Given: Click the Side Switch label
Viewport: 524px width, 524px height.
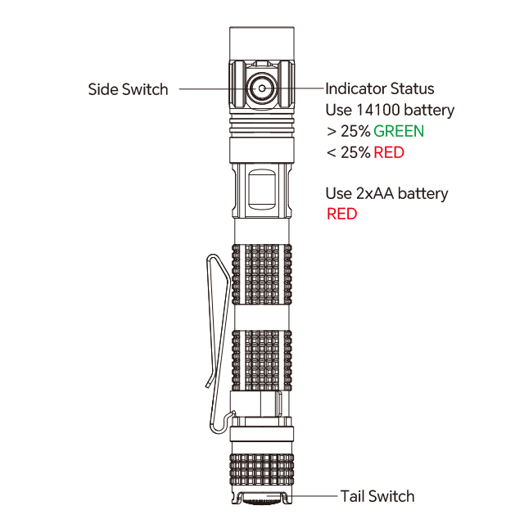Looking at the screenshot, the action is click(128, 89).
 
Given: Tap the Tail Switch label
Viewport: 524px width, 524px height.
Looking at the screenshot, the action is click(377, 496).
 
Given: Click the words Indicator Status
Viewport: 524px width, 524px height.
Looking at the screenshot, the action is click(380, 89).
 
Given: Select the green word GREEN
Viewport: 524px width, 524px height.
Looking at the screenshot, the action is click(399, 131).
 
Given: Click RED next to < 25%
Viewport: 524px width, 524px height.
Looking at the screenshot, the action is click(389, 153).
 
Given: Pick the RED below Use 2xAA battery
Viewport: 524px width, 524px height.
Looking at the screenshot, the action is click(342, 214).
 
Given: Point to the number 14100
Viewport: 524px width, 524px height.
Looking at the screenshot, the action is click(378, 110).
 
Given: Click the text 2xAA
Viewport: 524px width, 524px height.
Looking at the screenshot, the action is click(375, 193).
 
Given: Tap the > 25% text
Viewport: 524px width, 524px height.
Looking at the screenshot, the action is click(349, 131).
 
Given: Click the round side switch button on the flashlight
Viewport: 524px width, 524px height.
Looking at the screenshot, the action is click(262, 88).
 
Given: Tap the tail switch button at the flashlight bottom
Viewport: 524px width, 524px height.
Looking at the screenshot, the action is click(262, 500).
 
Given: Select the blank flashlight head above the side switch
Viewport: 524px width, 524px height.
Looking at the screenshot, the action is click(262, 43).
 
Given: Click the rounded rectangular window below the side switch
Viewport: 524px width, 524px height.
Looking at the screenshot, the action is click(262, 189).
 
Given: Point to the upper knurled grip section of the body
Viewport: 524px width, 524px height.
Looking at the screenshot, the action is click(262, 274).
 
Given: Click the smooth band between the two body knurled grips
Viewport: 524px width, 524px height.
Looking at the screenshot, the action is click(262, 317).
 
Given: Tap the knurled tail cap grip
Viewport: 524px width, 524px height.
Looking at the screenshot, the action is click(262, 469).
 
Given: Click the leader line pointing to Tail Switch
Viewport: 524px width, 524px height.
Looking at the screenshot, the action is click(312, 496).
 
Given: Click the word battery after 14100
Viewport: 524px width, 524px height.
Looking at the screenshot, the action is click(429, 111).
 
